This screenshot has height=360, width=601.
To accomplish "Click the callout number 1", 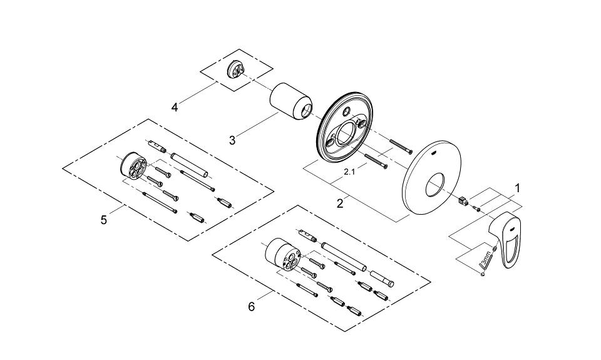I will (x=517, y=187).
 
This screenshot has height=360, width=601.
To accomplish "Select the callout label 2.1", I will (x=349, y=170).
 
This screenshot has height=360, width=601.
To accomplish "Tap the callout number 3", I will (x=232, y=140).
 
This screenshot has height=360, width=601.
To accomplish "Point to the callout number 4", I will (x=175, y=107).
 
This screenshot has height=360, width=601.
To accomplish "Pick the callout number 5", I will (x=104, y=219).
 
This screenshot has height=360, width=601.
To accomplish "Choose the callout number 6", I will (x=251, y=306).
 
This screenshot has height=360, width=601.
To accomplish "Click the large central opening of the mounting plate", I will (x=344, y=134).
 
